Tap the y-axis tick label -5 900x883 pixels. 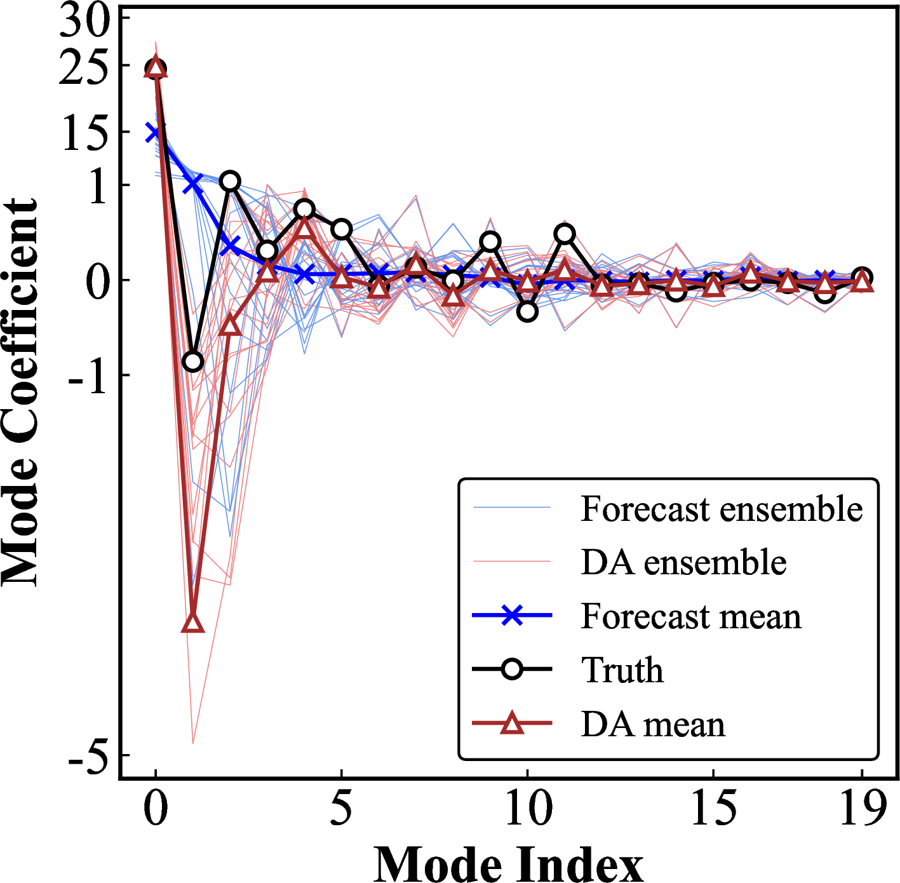(88, 757)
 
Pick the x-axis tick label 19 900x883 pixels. (862, 808)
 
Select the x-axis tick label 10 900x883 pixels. (528, 808)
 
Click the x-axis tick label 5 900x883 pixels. (341, 808)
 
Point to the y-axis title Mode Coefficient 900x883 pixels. (20, 392)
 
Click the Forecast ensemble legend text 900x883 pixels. (722, 509)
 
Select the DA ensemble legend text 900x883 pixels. (683, 562)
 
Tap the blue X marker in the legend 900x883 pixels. (512, 616)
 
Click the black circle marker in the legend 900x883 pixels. (512, 670)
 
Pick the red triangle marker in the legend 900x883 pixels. (512, 723)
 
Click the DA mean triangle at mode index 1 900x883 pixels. (193, 623)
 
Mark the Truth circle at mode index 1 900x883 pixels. (193, 362)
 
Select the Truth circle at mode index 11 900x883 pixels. (565, 234)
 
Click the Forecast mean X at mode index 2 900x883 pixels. (230, 245)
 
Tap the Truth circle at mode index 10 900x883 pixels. (527, 311)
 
